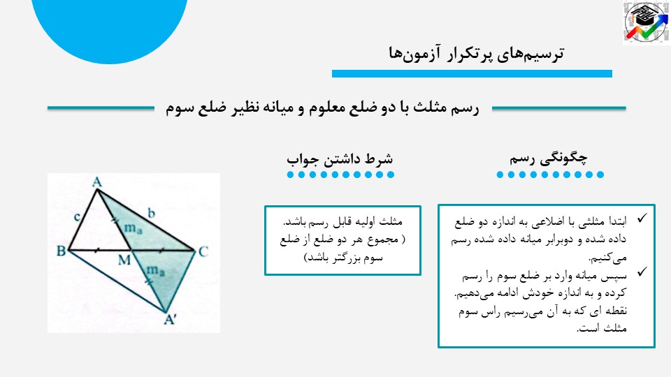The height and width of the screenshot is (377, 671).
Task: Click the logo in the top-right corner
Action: coord(646,22)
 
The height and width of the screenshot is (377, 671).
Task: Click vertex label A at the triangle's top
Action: coord(97,182)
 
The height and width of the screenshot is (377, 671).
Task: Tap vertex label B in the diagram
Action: coord(62,251)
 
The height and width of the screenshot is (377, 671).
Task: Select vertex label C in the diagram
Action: coord(203,251)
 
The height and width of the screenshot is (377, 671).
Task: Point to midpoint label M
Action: coord(124,260)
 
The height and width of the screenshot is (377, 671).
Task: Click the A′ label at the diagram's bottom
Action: coord(171,319)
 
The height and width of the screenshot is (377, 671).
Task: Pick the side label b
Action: coord(151,212)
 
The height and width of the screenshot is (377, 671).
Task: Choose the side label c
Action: coord(77,216)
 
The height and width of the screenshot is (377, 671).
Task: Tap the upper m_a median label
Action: coord(133,228)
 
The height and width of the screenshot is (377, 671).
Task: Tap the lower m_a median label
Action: coord(155,270)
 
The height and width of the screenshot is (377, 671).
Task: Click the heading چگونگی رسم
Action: coord(548,158)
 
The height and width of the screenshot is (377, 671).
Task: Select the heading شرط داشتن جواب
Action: coord(340,159)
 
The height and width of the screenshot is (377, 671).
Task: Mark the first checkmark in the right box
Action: coord(642,218)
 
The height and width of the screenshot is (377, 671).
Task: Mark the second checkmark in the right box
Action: coord(642,272)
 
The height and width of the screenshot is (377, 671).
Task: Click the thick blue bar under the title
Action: coord(472,73)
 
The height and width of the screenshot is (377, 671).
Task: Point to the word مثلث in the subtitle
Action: coord(430,108)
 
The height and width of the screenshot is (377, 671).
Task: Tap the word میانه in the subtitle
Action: coord(277,108)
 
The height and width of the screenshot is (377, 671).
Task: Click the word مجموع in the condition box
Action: coord(380,239)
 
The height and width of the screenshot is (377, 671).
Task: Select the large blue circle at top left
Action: coord(109,26)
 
